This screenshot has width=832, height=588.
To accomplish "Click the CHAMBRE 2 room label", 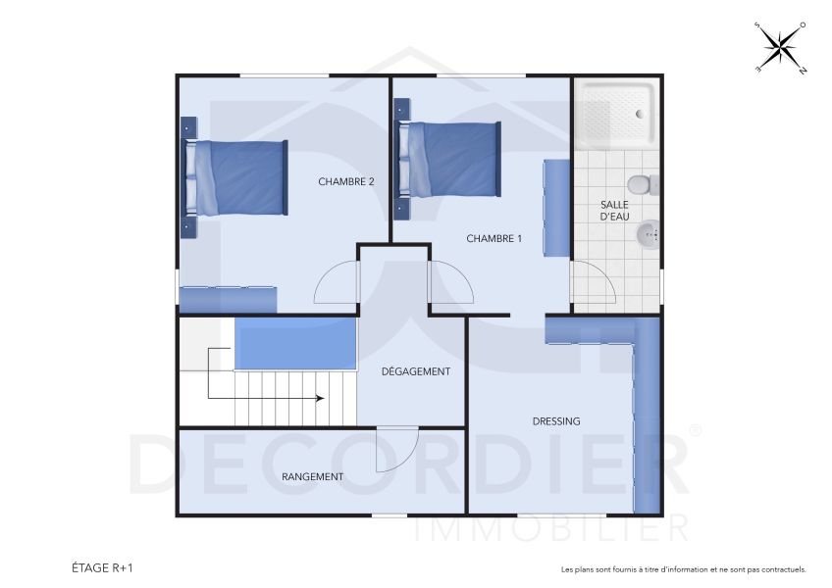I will (x=346, y=181).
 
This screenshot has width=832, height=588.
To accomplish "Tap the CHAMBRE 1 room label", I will (x=494, y=238).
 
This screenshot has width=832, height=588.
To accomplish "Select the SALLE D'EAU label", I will (x=614, y=211).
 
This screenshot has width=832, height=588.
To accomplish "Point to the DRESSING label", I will (x=556, y=421).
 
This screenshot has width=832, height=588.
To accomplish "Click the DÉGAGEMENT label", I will (x=416, y=371).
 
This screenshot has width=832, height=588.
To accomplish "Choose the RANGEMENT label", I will (x=312, y=477).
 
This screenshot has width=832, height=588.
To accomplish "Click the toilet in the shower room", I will (x=641, y=183).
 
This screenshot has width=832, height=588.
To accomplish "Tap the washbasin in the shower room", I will (x=648, y=234).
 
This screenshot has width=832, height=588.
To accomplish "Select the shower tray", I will (x=616, y=113).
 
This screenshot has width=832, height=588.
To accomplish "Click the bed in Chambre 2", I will (x=238, y=177).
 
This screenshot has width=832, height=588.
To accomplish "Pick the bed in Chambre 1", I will (x=451, y=159).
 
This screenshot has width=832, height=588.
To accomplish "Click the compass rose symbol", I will (x=781, y=47).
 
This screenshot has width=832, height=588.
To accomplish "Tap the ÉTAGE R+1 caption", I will (x=102, y=567).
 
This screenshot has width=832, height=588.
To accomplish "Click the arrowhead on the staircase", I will (x=320, y=398).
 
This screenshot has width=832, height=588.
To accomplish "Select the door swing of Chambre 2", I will (x=334, y=285).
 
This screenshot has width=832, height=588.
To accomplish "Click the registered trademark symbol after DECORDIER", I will (x=696, y=430).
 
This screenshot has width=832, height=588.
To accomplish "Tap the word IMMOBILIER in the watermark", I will (x=551, y=530).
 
